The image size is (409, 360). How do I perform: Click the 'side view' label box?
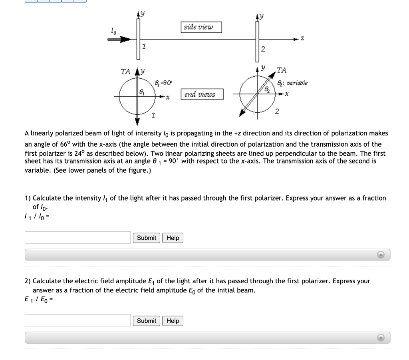201,27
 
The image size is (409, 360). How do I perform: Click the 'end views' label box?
202,95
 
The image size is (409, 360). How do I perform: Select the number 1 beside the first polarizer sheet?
145,47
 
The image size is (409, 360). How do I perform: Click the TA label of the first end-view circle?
125,72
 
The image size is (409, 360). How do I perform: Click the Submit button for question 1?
147,238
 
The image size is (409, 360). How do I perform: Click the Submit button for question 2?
147,320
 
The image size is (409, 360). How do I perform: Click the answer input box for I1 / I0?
78,237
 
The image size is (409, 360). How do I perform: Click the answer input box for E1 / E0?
78,320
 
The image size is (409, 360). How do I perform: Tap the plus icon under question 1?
381,255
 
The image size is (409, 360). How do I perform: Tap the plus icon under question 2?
381,337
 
